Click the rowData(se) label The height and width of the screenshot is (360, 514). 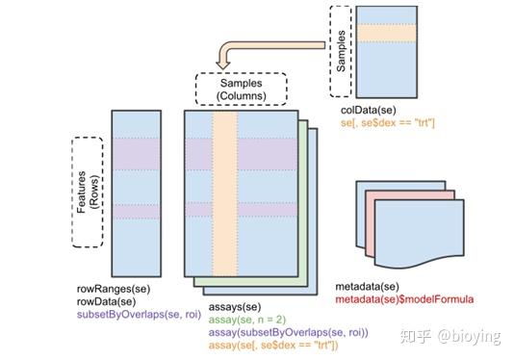point(106,300)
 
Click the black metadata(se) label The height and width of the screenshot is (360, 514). point(366,287)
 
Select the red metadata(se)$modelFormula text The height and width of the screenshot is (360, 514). point(404,299)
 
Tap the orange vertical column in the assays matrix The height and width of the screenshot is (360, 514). point(224,193)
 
